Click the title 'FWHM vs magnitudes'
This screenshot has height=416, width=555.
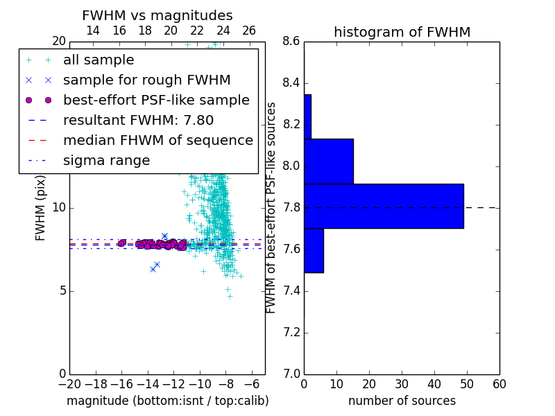pyautogui.click(x=157, y=15)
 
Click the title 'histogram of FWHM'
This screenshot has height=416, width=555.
pyautogui.click(x=402, y=32)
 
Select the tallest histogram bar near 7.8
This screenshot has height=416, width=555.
pyautogui.click(x=384, y=206)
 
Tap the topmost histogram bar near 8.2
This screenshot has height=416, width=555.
pyautogui.click(x=307, y=116)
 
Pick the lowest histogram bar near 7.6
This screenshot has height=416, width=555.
pyautogui.click(x=314, y=250)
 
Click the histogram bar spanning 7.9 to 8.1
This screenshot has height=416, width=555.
pyautogui.click(x=329, y=162)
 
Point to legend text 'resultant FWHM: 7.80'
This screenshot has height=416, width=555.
pyautogui.click(x=138, y=120)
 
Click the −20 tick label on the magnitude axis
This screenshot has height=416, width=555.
pyautogui.click(x=70, y=384)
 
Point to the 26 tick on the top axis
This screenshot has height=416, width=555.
pyautogui.click(x=249, y=31)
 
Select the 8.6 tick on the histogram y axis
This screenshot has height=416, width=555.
pyautogui.click(x=291, y=42)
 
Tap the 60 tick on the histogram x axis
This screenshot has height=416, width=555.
pyautogui.click(x=499, y=384)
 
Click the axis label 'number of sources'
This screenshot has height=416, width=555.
pyautogui.click(x=402, y=401)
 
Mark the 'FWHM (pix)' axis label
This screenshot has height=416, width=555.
pyautogui.click(x=40, y=209)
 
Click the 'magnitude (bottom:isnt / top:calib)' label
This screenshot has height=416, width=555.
pyautogui.click(x=168, y=401)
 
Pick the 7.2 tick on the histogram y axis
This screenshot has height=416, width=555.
pyautogui.click(x=291, y=333)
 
